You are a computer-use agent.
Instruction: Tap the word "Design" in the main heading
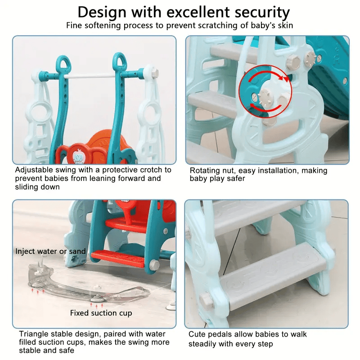tap(102, 12)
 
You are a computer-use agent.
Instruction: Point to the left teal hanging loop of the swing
tap(63, 63)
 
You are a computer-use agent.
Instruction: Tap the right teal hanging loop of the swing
tap(119, 60)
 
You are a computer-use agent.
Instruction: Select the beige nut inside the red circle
tap(266, 97)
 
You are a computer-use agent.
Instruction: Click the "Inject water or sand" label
tap(50, 251)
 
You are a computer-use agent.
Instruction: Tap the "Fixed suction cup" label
tap(101, 313)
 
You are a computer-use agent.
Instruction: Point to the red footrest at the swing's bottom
tap(117, 258)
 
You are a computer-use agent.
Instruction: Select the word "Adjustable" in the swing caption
tap(34, 170)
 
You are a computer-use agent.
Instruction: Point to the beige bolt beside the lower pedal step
tap(207, 300)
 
